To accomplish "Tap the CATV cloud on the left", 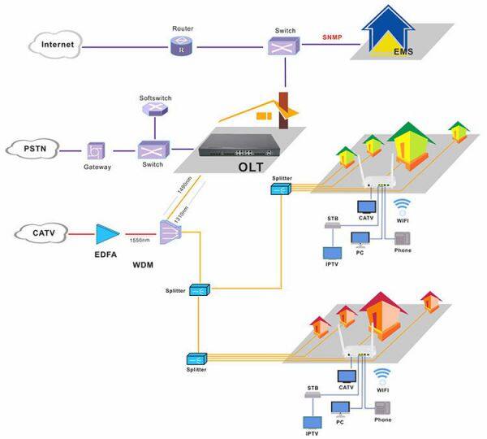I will pyautogui.click(x=42, y=233).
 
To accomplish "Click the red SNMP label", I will pyautogui.click(x=332, y=37).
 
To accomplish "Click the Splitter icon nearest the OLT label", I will pyautogui.click(x=282, y=189).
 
